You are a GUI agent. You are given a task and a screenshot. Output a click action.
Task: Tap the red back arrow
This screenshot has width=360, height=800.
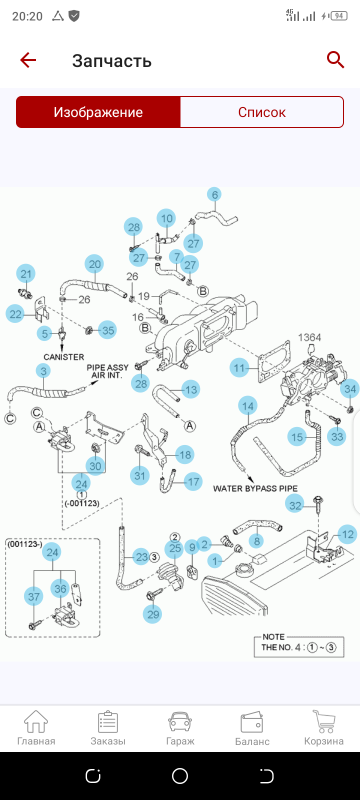(28, 60)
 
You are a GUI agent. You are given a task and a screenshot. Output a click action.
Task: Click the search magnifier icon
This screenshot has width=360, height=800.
(335, 60)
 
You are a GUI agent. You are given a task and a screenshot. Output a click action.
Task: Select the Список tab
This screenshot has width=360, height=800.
(261, 112)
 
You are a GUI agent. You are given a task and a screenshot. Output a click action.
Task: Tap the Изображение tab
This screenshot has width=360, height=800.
(98, 112)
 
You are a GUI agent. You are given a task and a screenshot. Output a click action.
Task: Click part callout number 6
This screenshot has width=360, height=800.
(214, 194)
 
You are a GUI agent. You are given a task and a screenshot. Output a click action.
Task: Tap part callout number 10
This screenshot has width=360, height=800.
(166, 218)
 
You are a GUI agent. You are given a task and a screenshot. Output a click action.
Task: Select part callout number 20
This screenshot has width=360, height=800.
(95, 264)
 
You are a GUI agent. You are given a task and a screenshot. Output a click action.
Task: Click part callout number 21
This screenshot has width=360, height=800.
(26, 274)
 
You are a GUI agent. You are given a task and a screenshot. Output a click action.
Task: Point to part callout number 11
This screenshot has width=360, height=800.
(239, 368)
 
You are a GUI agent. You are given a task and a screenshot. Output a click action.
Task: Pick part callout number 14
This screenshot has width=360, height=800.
(248, 406)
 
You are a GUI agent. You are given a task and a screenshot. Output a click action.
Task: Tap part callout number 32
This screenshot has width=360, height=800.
(295, 505)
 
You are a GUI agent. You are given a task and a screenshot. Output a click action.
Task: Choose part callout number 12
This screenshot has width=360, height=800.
(347, 534)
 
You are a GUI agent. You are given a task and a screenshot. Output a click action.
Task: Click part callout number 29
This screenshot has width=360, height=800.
(153, 614)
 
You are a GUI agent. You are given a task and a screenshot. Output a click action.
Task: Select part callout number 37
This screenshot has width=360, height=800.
(33, 596)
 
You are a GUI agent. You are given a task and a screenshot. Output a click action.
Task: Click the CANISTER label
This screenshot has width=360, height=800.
(64, 357)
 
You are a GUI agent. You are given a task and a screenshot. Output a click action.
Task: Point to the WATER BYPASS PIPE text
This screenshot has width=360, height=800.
(255, 488)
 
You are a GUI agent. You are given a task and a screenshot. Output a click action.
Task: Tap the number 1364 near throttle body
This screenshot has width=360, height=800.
(309, 337)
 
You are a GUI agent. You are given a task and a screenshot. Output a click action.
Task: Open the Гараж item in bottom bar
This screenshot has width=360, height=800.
(180, 729)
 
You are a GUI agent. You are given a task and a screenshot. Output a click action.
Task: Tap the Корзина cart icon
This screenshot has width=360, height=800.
(323, 722)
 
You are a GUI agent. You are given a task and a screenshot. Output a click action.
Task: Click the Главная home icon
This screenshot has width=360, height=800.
(36, 722)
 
